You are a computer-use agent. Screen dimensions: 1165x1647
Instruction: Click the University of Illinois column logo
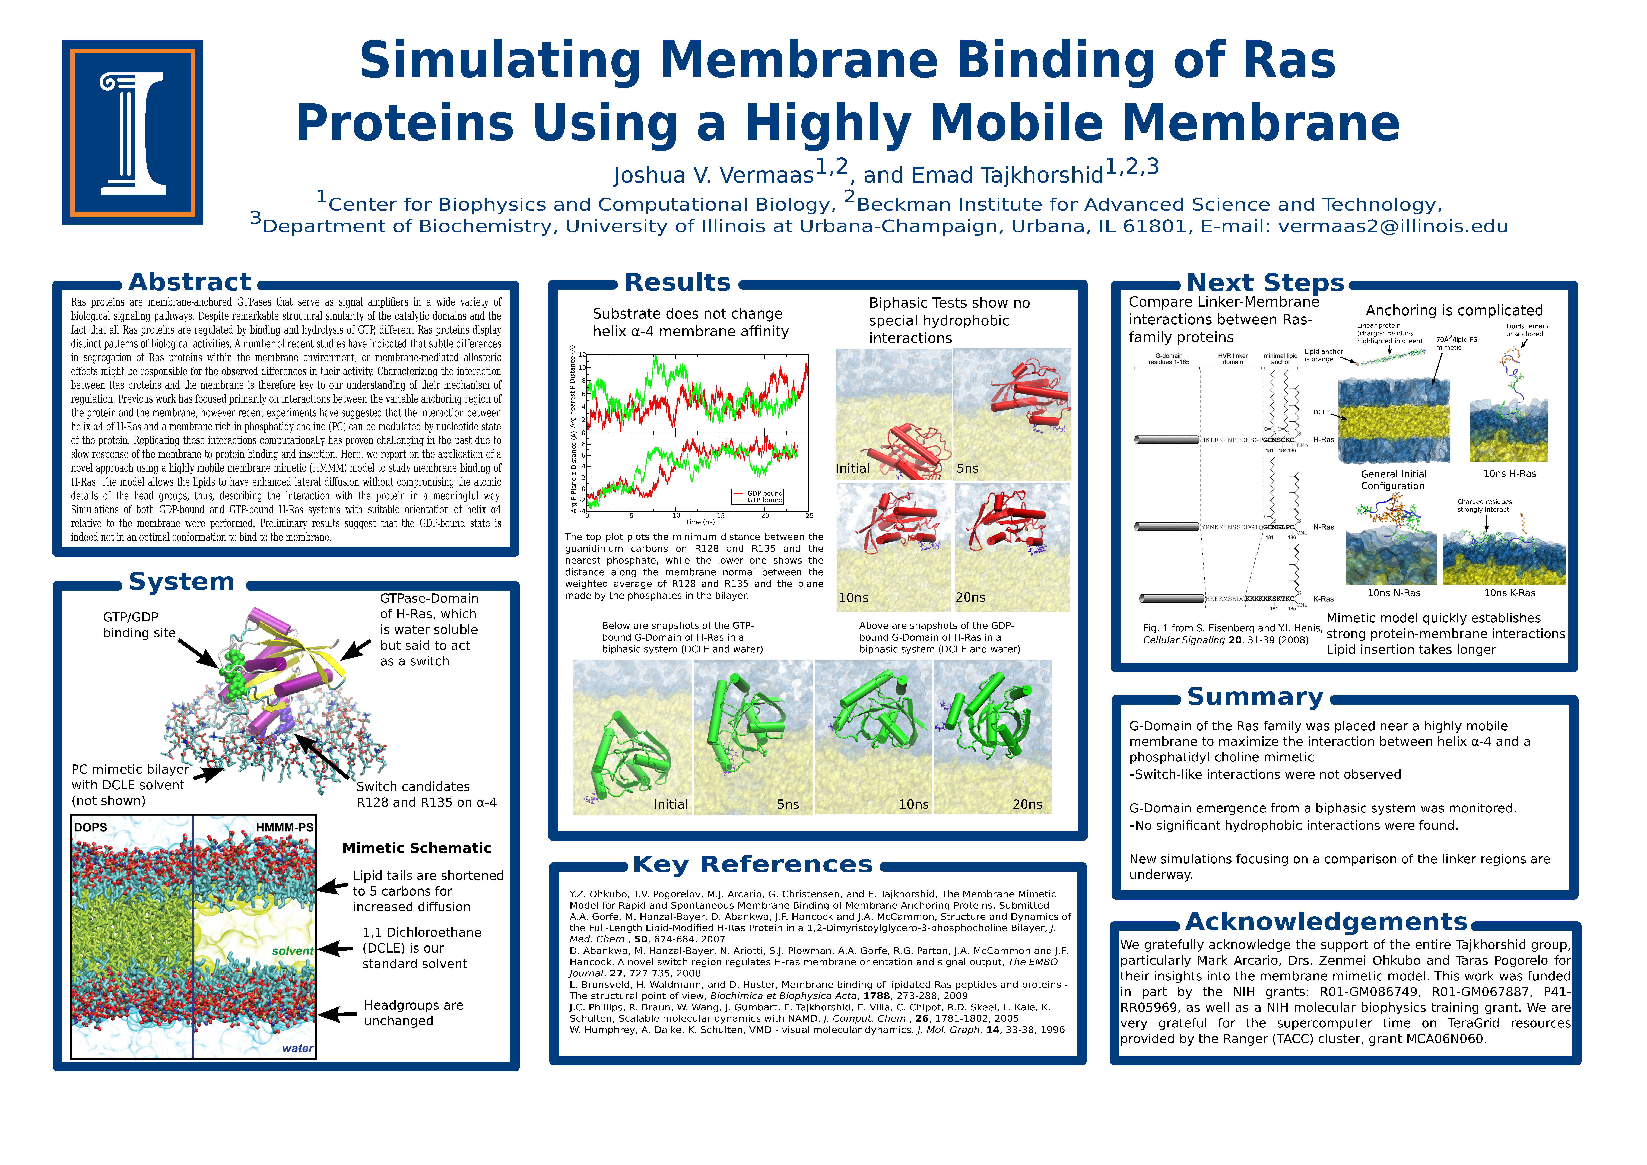pos(133,133)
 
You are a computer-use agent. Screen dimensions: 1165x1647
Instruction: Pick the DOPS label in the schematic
pos(90,828)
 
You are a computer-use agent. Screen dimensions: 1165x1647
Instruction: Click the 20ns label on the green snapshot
pos(1027,805)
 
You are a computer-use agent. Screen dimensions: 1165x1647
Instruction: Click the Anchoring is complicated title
pos(1454,311)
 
